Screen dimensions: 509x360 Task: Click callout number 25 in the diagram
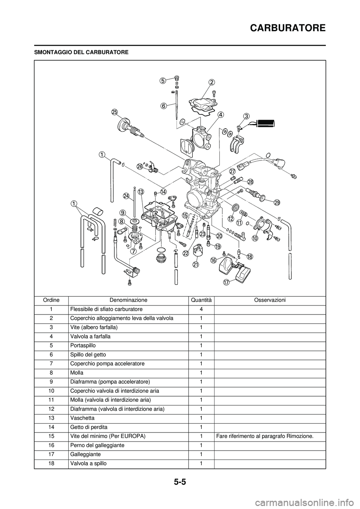pos(114,112)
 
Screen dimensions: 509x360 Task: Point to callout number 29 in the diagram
pos(277,202)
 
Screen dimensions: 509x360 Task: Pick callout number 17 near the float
pos(226,282)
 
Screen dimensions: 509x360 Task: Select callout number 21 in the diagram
pos(195,264)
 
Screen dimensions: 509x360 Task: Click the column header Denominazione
pos(128,300)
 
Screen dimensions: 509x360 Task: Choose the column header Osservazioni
pos(270,300)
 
